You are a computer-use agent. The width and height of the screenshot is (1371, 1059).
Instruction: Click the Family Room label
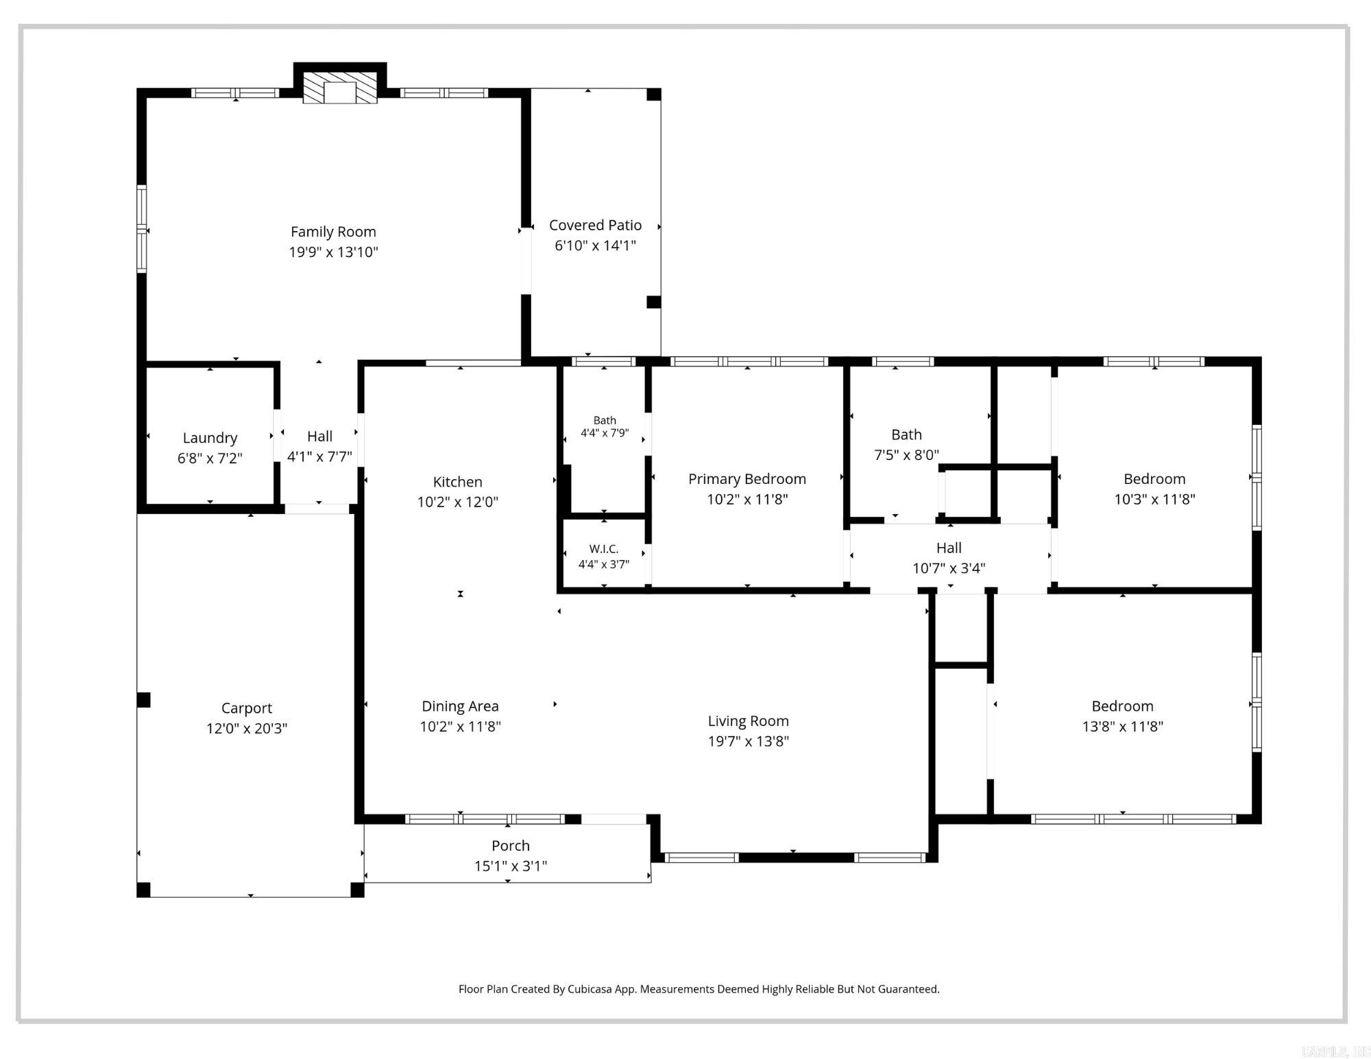(x=333, y=232)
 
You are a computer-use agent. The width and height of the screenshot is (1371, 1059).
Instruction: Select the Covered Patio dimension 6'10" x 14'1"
(x=595, y=245)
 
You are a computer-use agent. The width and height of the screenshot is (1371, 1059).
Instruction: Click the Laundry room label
(x=210, y=438)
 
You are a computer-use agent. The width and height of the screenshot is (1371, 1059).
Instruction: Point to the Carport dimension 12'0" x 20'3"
(x=247, y=728)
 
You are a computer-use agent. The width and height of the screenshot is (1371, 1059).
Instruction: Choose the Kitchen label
(x=457, y=482)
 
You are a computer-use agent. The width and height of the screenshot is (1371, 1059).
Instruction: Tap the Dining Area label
(x=460, y=706)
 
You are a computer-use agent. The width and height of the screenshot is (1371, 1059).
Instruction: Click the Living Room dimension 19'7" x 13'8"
(x=749, y=741)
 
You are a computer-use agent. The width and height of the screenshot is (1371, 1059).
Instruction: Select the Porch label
(x=511, y=846)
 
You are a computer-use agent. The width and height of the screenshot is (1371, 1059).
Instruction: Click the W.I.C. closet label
(x=604, y=549)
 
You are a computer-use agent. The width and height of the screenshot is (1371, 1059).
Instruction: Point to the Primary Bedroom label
(x=747, y=479)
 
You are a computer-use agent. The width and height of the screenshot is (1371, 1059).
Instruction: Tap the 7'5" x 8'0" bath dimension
(x=906, y=454)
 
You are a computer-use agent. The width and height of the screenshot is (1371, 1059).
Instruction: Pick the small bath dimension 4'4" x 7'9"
(x=605, y=433)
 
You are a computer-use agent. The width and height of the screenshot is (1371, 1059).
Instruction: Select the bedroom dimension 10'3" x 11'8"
(x=1154, y=499)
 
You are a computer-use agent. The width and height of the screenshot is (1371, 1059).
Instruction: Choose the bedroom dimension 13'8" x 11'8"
(x=1122, y=726)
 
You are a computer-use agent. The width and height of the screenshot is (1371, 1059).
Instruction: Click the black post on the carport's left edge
(x=143, y=700)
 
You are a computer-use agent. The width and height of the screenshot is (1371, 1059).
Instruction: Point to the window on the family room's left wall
(x=142, y=229)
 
